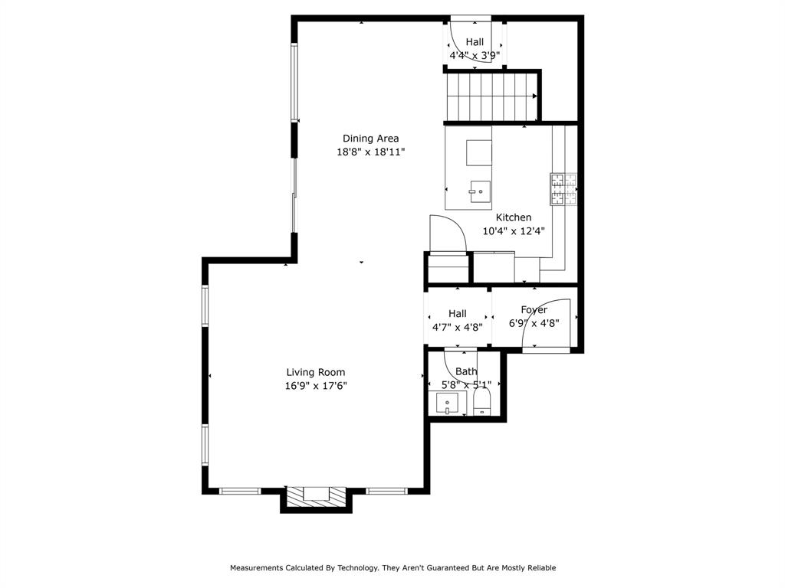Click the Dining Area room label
pyautogui.click(x=370, y=139)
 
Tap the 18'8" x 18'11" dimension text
pyautogui.click(x=370, y=152)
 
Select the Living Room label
pyautogui.click(x=316, y=373)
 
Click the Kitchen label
pyautogui.click(x=513, y=217)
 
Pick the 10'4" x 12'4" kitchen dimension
pyautogui.click(x=513, y=231)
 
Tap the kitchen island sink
pyautogui.click(x=480, y=189)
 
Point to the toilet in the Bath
pyautogui.click(x=481, y=401)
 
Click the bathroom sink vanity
pyautogui.click(x=447, y=402)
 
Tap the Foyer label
pyautogui.click(x=534, y=310)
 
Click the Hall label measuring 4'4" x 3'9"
pyautogui.click(x=475, y=42)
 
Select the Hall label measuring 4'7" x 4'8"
pyautogui.click(x=457, y=314)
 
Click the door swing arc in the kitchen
pyautogui.click(x=448, y=234)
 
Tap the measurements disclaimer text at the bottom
pyautogui.click(x=392, y=568)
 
